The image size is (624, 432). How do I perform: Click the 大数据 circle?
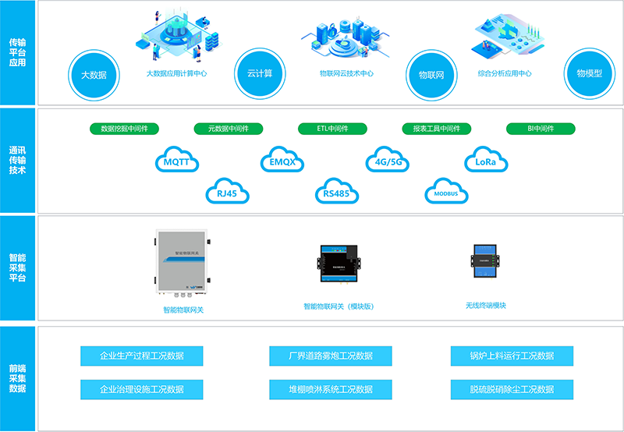[93, 75]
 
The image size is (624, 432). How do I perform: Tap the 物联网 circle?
[431, 75]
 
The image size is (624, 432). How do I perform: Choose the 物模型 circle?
[589, 73]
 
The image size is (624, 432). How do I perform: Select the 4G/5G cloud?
[388, 161]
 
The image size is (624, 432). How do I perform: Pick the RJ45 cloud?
[227, 191]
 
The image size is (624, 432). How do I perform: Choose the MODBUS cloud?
[446, 192]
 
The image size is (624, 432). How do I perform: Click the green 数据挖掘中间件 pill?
[125, 128]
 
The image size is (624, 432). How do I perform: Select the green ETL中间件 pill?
[332, 128]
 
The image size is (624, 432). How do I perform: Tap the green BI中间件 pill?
[541, 128]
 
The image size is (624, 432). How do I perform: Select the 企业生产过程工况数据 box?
[142, 356]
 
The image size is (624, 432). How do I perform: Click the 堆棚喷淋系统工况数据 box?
[331, 388]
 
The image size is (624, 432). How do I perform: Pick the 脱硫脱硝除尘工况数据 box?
[512, 388]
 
